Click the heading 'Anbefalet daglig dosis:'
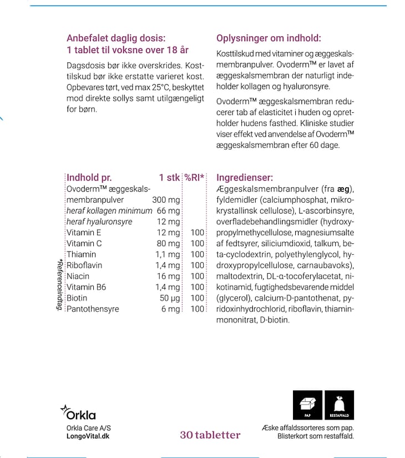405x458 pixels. [116, 38]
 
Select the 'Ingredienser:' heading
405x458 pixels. [245, 178]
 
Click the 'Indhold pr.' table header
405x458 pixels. [89, 178]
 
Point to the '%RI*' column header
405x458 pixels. [195, 178]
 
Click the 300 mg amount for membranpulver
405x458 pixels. [166, 200]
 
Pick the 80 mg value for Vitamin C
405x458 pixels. [169, 243]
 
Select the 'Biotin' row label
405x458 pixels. [77, 298]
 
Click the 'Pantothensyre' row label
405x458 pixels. [93, 309]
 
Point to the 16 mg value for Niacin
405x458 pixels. [169, 276]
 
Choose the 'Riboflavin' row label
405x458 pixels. [84, 265]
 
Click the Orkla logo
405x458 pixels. [78, 412]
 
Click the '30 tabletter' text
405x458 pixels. [210, 435]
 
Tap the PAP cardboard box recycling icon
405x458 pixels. [307, 405]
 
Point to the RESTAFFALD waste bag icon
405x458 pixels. [339, 405]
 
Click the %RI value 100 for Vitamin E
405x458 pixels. [198, 233]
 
